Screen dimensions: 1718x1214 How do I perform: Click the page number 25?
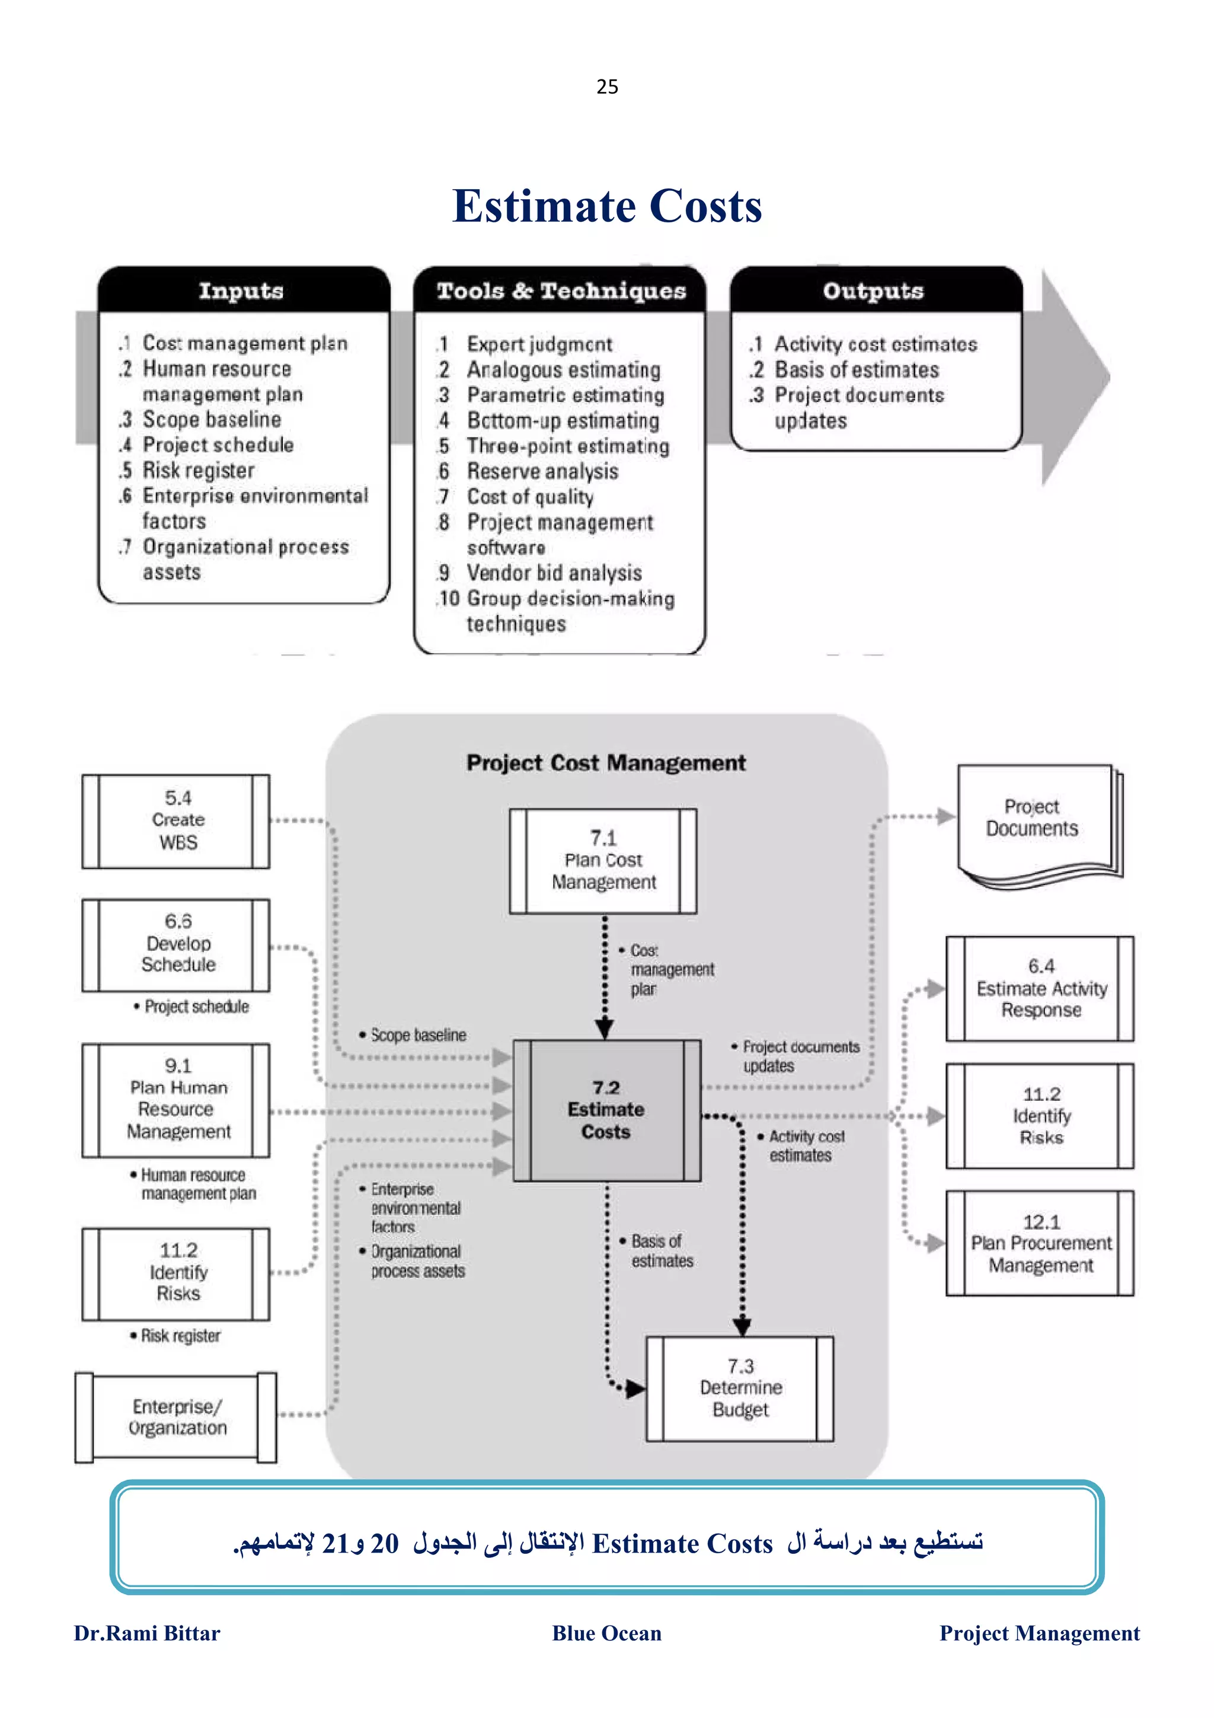pyautogui.click(x=606, y=87)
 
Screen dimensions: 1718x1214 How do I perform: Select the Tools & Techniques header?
pyautogui.click(x=560, y=290)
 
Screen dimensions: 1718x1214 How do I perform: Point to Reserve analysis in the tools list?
pyautogui.click(x=542, y=471)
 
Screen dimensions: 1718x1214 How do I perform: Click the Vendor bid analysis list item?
pyautogui.click(x=554, y=573)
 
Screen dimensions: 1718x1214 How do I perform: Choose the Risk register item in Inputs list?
pyautogui.click(x=198, y=471)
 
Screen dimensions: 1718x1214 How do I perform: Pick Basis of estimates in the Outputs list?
pyautogui.click(x=856, y=370)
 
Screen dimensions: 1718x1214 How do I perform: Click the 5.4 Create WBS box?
pyautogui.click(x=177, y=821)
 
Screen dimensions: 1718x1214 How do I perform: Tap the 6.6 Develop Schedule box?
pyautogui.click(x=177, y=944)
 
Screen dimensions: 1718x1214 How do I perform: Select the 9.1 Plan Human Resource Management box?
pyautogui.click(x=177, y=1099)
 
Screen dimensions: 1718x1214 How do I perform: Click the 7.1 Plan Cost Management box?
pyautogui.click(x=603, y=861)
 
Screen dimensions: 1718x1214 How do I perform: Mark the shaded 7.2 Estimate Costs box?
pyautogui.click(x=606, y=1110)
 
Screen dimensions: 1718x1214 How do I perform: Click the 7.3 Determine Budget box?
pyautogui.click(x=740, y=1389)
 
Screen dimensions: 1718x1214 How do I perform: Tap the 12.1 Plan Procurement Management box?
pyautogui.click(x=1040, y=1243)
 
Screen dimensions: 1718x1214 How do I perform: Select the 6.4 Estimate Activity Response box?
pyautogui.click(x=1040, y=988)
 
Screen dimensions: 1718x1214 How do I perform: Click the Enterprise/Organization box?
pyautogui.click(x=177, y=1417)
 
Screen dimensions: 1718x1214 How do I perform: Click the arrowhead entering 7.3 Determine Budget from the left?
pyautogui.click(x=636, y=1390)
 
